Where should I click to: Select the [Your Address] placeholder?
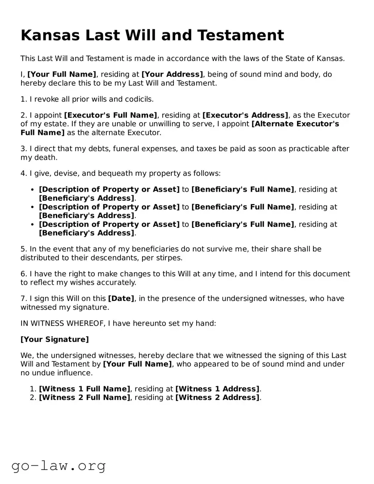tap(172, 74)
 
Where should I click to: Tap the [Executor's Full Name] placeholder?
tap(111, 115)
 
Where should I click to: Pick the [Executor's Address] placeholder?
tap(245, 115)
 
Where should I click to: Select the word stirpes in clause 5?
tap(170, 258)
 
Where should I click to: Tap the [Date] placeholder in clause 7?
tap(121, 299)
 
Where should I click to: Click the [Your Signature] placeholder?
tap(55, 339)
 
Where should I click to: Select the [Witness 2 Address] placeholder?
tap(217, 397)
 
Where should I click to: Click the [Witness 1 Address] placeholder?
tap(217, 389)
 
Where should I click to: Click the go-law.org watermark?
tap(59, 465)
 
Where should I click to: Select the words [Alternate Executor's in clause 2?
tap(295, 124)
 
